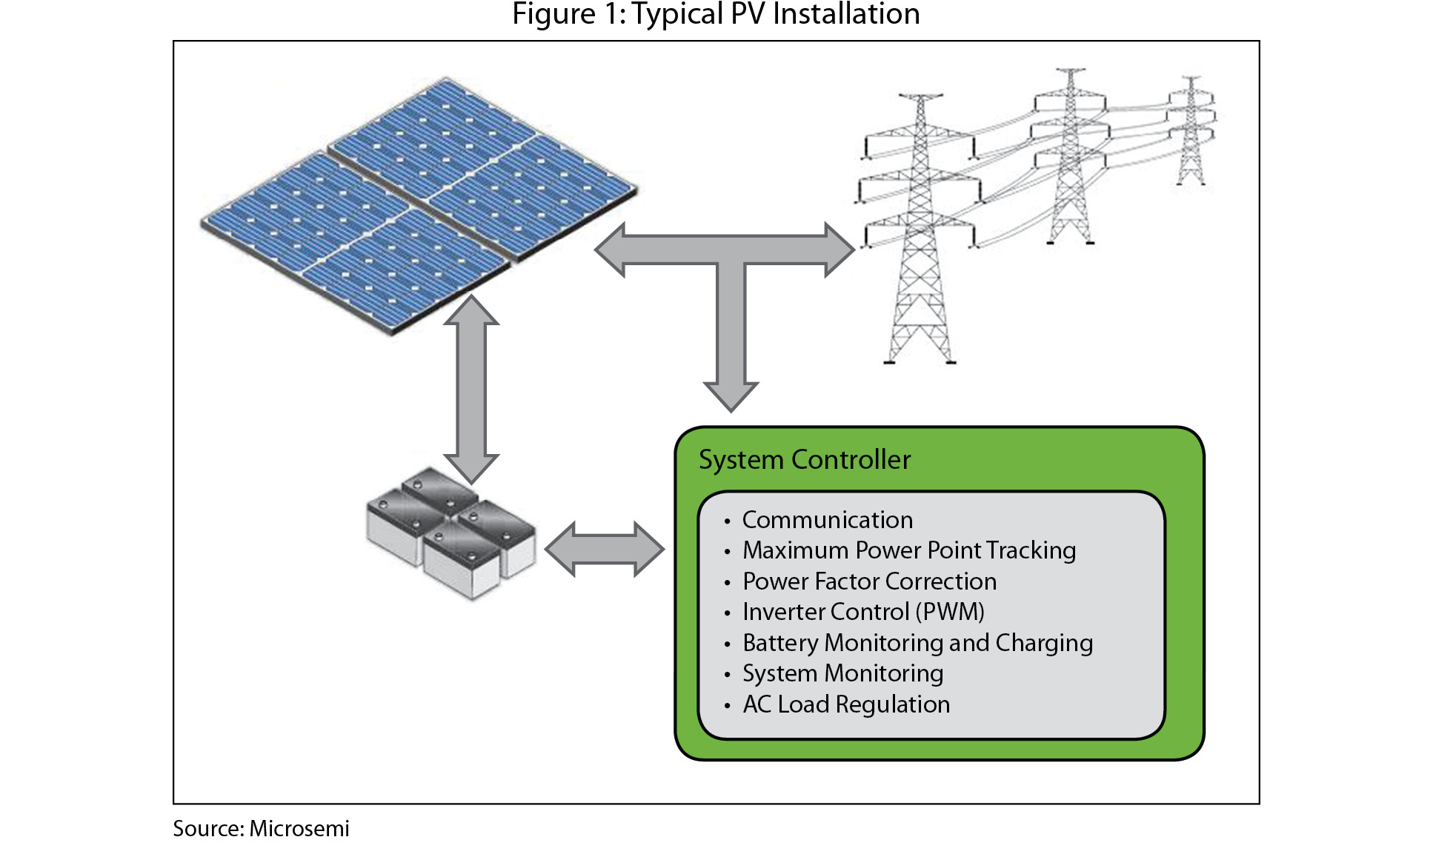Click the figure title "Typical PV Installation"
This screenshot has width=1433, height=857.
(716, 14)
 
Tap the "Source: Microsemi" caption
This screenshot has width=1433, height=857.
(261, 828)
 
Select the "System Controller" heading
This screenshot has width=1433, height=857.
(805, 460)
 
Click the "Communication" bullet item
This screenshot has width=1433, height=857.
(828, 520)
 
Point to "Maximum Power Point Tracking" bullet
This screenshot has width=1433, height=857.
(909, 550)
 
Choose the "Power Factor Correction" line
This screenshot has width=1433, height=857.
(869, 581)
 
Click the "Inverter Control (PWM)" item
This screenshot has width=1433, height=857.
(863, 612)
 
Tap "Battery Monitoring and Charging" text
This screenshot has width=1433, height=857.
(917, 643)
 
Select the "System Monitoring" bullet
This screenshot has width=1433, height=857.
(842, 673)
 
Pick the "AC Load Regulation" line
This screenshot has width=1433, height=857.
(846, 704)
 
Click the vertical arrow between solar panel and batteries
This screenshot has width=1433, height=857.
(471, 389)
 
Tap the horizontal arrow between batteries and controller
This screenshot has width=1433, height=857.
(605, 549)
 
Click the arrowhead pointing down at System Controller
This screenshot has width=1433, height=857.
(731, 396)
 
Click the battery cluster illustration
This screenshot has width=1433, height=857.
(450, 533)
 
